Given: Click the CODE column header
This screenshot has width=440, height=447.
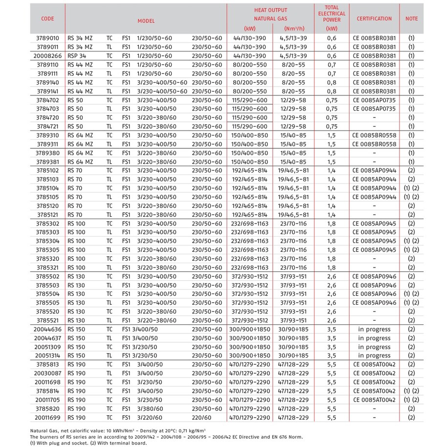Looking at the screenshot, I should [x=47, y=19].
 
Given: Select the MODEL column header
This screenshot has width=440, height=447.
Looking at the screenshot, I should [x=146, y=21].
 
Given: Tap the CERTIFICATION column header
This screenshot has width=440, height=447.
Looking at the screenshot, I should [x=374, y=19].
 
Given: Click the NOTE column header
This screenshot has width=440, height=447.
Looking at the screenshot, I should [x=412, y=19].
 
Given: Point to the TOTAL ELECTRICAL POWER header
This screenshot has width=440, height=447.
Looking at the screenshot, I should [x=332, y=14].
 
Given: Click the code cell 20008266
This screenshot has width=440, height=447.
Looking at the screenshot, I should [x=47, y=56].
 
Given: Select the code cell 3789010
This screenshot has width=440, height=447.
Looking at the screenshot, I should [x=47, y=38].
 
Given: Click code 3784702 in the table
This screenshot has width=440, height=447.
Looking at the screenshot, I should [x=47, y=100].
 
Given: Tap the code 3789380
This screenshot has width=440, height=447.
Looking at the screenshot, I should [x=47, y=153].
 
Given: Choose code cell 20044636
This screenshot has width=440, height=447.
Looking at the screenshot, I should [x=47, y=329].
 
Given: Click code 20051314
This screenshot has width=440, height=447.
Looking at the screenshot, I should [x=47, y=356].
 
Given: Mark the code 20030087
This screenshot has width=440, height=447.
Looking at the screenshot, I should [x=47, y=373].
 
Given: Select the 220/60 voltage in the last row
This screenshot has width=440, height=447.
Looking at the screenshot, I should [x=202, y=417].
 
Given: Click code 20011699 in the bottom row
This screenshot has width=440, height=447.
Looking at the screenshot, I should [x=47, y=417].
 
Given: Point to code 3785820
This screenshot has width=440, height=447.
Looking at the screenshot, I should [x=47, y=408].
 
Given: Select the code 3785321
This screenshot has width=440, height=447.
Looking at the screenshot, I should [x=47, y=268].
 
